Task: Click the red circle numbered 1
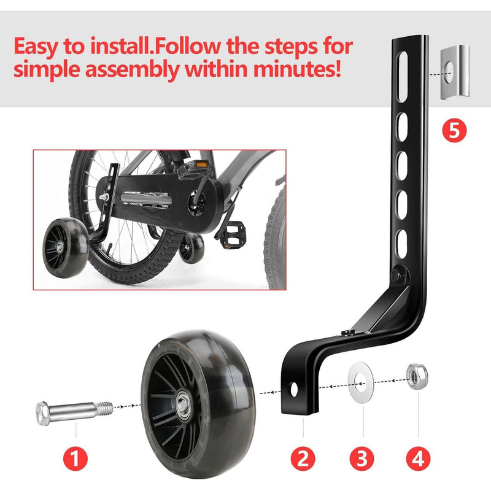[x=75, y=458]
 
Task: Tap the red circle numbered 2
[x=303, y=458]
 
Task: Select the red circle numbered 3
[x=362, y=458]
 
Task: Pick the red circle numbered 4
[x=418, y=458]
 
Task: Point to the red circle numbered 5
[x=454, y=130]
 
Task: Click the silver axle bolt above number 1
[x=74, y=412]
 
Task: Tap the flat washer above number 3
[x=361, y=382]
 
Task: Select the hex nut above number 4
[x=417, y=376]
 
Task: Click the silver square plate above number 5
[x=455, y=72]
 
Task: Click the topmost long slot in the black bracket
[x=402, y=77]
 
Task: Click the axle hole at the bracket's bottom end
[x=294, y=389]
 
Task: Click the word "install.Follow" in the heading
[x=156, y=46]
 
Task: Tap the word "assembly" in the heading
[x=132, y=70]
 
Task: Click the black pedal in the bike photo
[x=232, y=233]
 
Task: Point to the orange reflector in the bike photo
[x=202, y=164]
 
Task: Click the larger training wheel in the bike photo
[x=66, y=247]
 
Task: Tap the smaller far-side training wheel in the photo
[x=191, y=247]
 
